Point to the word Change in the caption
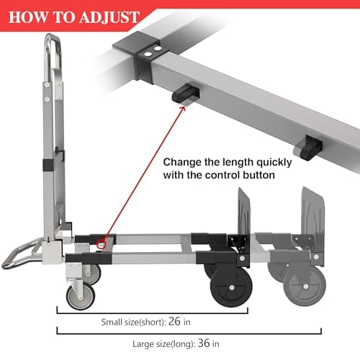tap(184, 162)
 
